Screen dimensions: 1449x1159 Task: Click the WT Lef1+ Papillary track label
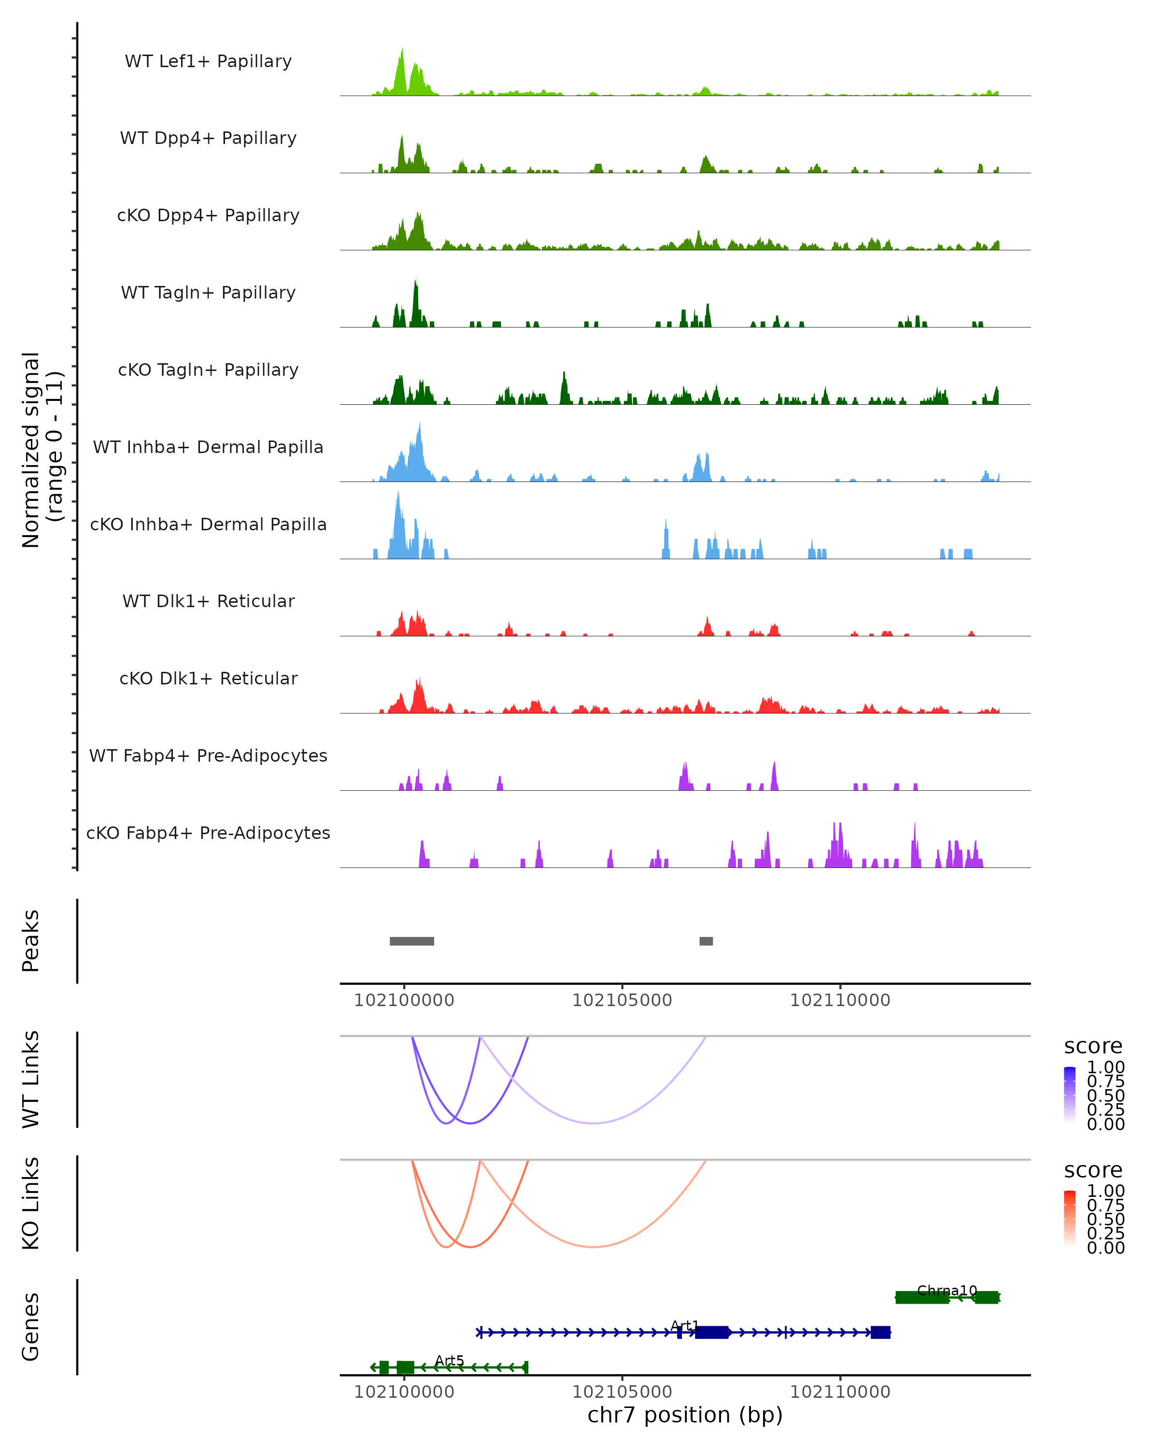click(x=208, y=61)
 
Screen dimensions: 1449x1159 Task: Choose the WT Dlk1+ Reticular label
click(x=208, y=601)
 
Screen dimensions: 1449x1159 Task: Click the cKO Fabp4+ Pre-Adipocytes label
click(x=208, y=833)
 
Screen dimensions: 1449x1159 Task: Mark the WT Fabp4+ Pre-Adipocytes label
click(x=208, y=755)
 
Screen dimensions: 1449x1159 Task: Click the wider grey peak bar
click(x=412, y=941)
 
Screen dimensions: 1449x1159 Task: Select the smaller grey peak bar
click(x=706, y=941)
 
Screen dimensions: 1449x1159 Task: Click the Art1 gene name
click(x=685, y=1325)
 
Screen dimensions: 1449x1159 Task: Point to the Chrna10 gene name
click(x=947, y=1291)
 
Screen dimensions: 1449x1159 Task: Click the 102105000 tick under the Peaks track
click(x=622, y=1000)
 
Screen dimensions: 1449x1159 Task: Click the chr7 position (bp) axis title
click(x=685, y=1415)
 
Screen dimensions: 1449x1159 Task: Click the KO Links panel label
click(x=31, y=1203)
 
